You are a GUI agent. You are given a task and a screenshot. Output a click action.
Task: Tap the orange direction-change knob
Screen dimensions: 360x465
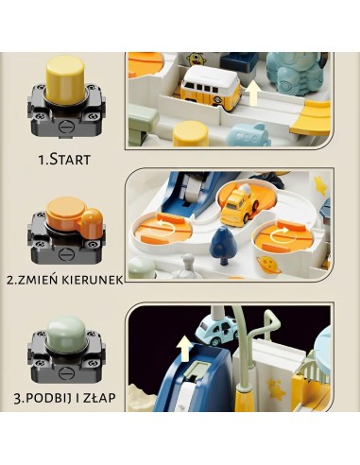pyautogui.click(x=74, y=217)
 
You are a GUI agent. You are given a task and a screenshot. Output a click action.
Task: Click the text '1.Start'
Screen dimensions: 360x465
pyautogui.click(x=64, y=160)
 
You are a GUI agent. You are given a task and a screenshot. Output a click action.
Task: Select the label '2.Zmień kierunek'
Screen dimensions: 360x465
pyautogui.click(x=65, y=280)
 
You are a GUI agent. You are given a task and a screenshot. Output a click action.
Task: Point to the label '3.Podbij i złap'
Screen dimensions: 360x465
pyautogui.click(x=64, y=398)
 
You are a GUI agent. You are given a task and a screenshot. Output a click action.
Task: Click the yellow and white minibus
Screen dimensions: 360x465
pyautogui.click(x=211, y=86)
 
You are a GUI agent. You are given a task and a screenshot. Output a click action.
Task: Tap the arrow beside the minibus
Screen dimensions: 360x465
pyautogui.click(x=252, y=93)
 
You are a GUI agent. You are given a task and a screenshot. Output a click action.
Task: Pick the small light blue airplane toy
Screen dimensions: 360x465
pyautogui.click(x=249, y=134)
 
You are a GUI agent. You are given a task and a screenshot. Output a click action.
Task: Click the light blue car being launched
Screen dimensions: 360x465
pyautogui.click(x=216, y=330)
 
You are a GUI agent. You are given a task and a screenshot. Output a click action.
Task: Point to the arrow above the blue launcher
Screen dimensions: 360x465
pyautogui.click(x=184, y=347)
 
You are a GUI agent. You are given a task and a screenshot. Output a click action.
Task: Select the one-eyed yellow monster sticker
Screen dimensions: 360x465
pyautogui.click(x=196, y=60)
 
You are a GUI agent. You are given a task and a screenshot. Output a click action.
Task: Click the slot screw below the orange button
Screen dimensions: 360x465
pyautogui.click(x=66, y=253)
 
